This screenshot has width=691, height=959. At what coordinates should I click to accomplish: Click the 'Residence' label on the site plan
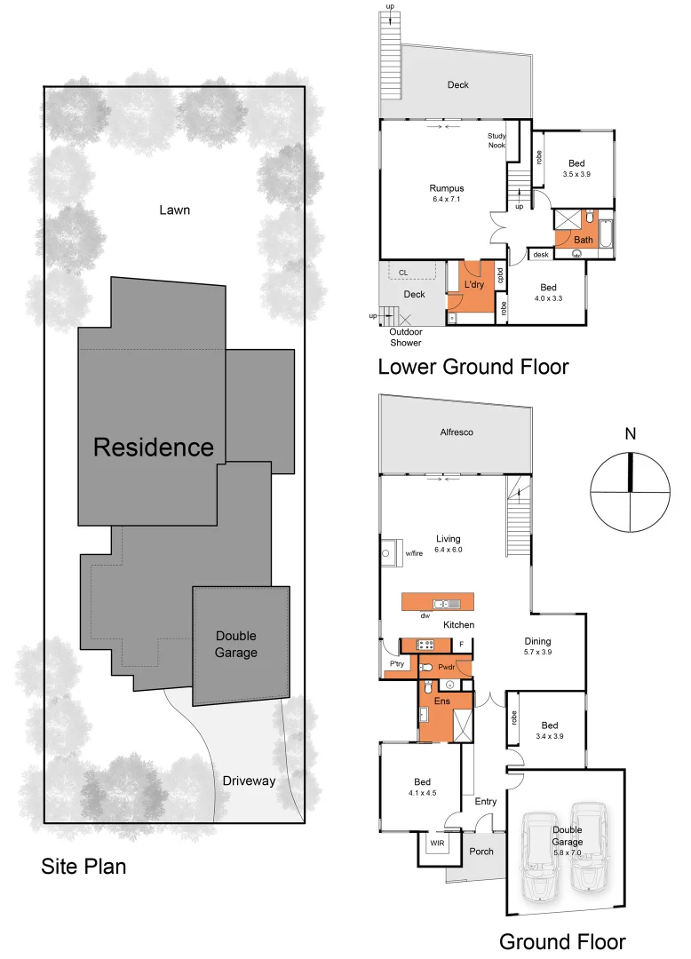pyautogui.click(x=154, y=447)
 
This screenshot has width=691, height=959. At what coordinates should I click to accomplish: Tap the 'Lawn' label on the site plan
pyautogui.click(x=175, y=210)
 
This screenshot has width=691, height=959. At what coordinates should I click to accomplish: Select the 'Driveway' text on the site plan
pyautogui.click(x=249, y=781)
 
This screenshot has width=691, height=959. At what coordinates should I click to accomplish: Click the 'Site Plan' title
pyautogui.click(x=83, y=867)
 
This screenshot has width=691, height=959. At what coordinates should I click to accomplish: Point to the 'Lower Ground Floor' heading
pyautogui.click(x=473, y=366)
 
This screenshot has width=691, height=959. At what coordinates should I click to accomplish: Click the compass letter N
pyautogui.click(x=631, y=434)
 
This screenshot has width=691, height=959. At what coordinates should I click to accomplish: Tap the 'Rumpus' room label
pyautogui.click(x=447, y=188)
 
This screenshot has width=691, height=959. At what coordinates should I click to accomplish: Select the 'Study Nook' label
pyautogui.click(x=496, y=140)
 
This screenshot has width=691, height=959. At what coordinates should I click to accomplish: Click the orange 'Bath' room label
pyautogui.click(x=584, y=240)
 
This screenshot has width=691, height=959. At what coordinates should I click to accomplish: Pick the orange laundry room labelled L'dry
pyautogui.click(x=473, y=285)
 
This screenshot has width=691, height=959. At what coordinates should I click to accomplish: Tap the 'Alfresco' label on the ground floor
pyautogui.click(x=457, y=432)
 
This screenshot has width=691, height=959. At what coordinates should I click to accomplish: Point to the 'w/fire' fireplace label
pyautogui.click(x=415, y=553)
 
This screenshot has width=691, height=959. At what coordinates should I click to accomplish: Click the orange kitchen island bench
pyautogui.click(x=438, y=601)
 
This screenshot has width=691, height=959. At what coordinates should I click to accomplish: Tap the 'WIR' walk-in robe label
pyautogui.click(x=437, y=843)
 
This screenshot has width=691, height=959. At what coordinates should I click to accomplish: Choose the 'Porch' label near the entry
pyautogui.click(x=481, y=851)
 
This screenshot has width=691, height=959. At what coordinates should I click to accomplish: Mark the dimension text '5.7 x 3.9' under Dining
pyautogui.click(x=537, y=653)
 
